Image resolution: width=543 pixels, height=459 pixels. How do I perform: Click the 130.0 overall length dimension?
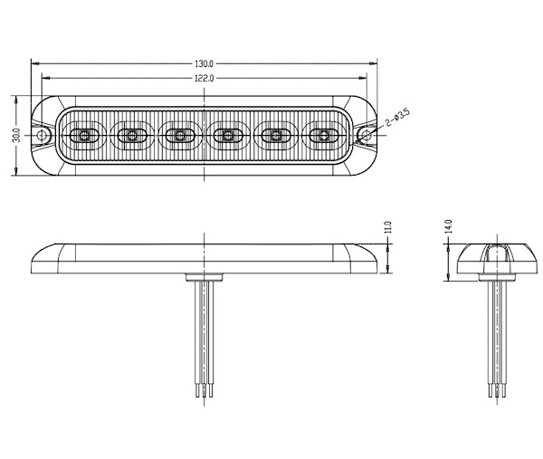(x=205, y=64)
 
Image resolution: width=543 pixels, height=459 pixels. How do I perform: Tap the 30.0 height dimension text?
(x=16, y=136)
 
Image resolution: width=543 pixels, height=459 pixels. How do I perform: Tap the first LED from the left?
(x=82, y=137)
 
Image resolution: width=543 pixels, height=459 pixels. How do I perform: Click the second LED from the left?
(x=131, y=137)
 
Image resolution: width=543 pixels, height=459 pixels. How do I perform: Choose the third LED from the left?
(x=179, y=137)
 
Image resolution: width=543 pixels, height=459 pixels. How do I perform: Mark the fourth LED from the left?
(x=228, y=137)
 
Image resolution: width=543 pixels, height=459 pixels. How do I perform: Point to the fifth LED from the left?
(x=276, y=137)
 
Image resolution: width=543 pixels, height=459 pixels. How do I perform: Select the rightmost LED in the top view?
(x=324, y=137)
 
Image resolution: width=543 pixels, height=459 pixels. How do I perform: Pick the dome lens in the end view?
(x=494, y=254)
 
